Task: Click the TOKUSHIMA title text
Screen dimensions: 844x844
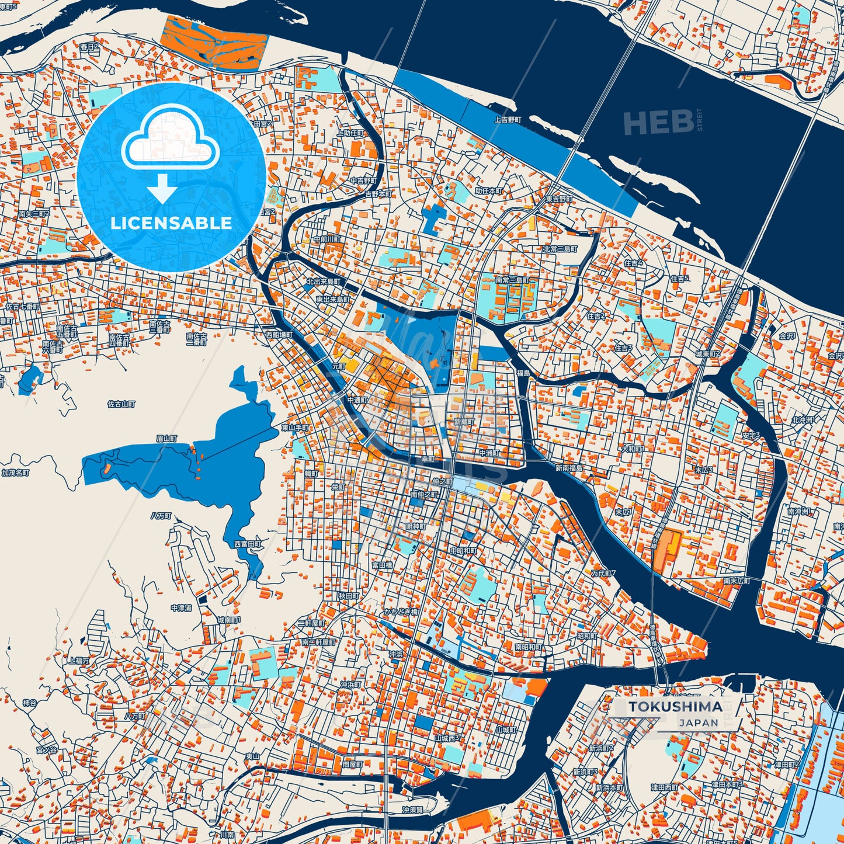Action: point(675,707)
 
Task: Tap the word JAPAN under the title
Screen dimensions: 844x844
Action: point(699,723)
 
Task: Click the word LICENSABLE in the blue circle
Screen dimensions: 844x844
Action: point(171,223)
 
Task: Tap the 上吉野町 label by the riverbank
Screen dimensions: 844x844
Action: point(508,119)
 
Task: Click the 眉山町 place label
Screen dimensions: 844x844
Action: point(166,437)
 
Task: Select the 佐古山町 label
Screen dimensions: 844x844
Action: point(121,404)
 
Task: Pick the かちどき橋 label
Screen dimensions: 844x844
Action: point(400,612)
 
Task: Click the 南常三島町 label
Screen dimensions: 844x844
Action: point(512,280)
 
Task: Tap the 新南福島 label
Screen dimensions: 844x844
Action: point(569,468)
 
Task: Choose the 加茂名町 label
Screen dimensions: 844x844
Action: point(15,473)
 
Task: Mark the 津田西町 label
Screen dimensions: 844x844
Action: point(665,787)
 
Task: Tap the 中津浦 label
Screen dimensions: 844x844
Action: point(181,608)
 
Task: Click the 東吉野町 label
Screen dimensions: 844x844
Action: point(559,199)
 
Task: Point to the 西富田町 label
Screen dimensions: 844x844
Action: point(248,544)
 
